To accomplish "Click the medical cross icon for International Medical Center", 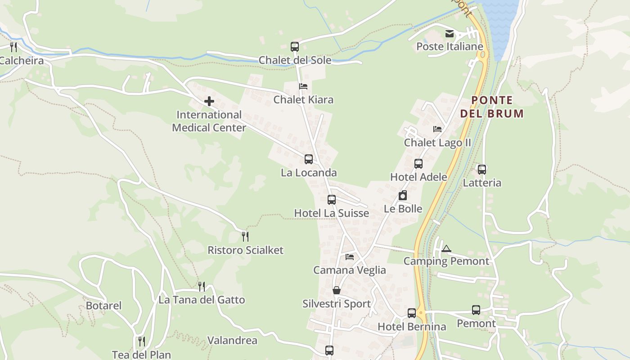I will coord(209,101).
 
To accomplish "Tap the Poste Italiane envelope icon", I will coord(450,34).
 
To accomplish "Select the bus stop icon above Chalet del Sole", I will coord(295,46).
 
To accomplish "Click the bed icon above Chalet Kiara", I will coord(303,86).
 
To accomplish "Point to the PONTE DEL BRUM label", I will coord(492,107).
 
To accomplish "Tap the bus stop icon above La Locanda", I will coord(308,159).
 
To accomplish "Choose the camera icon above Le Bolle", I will coord(403,195).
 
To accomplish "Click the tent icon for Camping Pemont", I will coord(446,248).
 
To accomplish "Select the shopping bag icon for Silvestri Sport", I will coord(337,290).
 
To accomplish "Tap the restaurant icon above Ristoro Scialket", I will coord(245,236).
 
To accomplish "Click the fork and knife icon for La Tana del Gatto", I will coord(202,286).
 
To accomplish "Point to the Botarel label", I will coord(104,306).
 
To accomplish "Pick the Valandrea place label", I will coord(232,341).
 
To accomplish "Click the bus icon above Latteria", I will coord(482,170).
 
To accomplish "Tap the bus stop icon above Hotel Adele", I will coord(418,164).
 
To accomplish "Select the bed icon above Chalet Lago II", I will coord(437,129).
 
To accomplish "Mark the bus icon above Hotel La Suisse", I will coord(332,199).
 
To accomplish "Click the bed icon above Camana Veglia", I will coord(350,257).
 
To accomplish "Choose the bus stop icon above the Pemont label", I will coord(476,310).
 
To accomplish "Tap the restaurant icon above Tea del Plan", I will coord(141,342).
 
